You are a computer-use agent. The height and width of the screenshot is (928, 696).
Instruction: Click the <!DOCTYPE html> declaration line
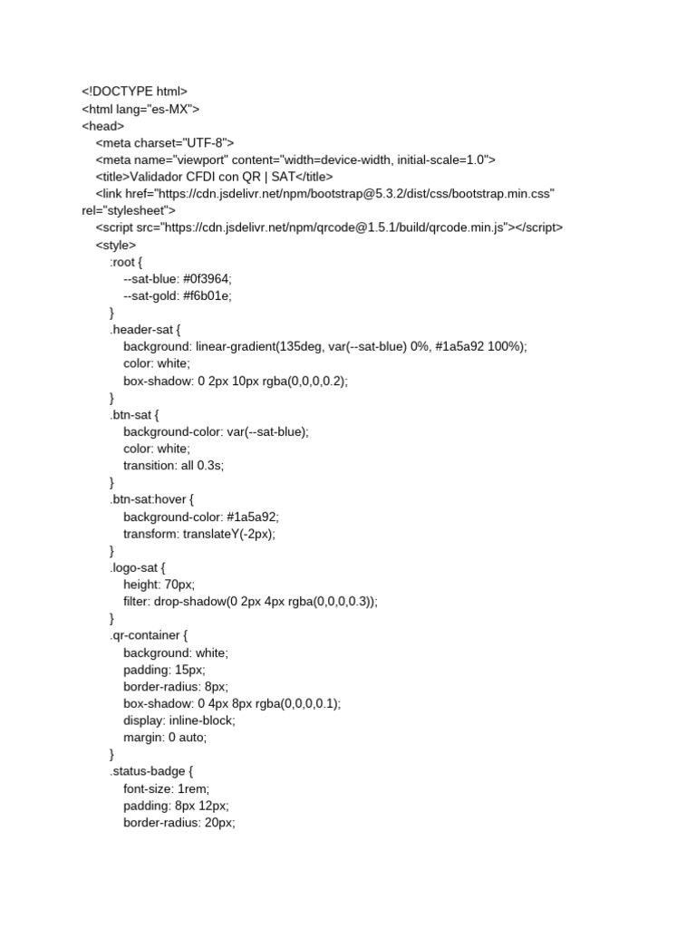[x=134, y=92]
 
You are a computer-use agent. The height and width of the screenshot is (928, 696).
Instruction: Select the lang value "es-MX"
[x=169, y=110]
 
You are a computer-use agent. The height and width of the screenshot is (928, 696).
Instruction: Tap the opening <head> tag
[x=102, y=126]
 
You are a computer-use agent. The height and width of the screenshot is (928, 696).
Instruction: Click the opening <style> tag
[x=116, y=245]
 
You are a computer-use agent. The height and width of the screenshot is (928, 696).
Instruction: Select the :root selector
[x=124, y=262]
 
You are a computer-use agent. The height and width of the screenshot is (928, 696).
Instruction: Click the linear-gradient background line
[x=324, y=347]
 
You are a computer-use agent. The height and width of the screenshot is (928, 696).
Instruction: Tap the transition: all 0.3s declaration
[x=173, y=466]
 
